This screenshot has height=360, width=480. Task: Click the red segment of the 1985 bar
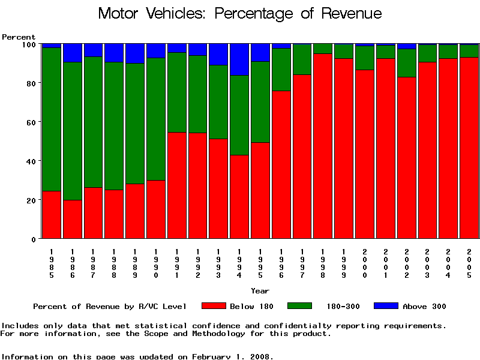52,214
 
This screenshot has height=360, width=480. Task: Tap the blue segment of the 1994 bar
239,59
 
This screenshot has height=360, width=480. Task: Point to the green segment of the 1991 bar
177,92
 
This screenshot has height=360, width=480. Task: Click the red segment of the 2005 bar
469,148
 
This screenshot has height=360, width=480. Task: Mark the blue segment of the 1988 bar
114,53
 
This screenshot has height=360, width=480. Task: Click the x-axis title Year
260,291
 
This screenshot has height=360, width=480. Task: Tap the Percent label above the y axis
19,37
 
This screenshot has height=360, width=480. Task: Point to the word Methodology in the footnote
275,334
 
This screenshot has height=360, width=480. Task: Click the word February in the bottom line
214,356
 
